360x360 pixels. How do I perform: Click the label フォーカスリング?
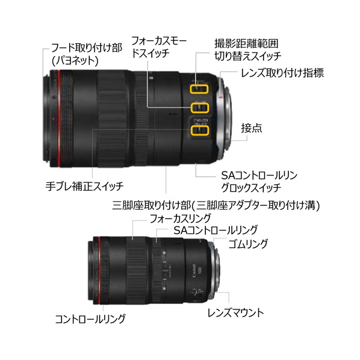[180, 219]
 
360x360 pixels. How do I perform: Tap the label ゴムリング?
[248, 244]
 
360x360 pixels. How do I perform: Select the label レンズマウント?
[235, 312]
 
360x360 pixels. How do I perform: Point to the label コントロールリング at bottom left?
[90, 319]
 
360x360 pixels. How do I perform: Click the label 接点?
[252, 128]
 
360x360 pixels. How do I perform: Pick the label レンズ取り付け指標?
[282, 73]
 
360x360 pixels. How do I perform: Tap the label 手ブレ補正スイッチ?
[84, 186]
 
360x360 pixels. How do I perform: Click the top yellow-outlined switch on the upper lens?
[199, 89]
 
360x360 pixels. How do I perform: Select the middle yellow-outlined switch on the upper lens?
[200, 108]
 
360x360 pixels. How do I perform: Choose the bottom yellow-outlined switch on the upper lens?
[199, 130]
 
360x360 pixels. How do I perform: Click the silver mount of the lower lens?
[215, 268]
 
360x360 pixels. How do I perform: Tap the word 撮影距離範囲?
[246, 43]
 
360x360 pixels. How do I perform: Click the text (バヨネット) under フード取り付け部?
[75, 61]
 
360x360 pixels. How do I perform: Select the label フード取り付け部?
[86, 48]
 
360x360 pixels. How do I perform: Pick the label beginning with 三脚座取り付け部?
[216, 205]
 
